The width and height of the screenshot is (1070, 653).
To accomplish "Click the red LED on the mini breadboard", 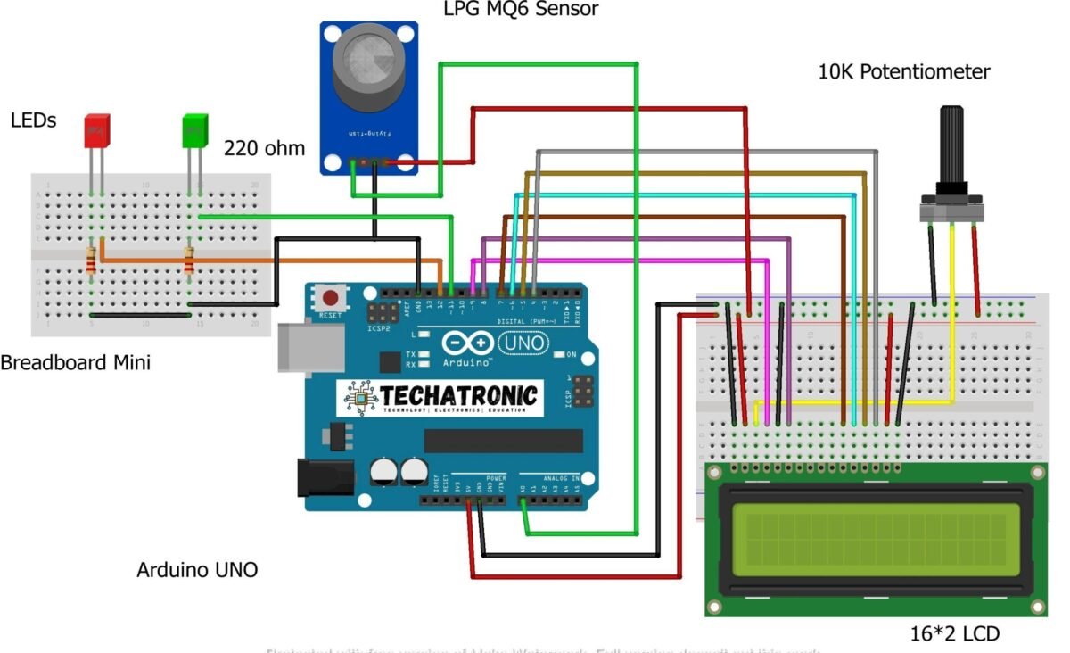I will point(96,130).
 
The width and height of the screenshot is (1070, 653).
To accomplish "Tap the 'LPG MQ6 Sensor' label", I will point(521,10).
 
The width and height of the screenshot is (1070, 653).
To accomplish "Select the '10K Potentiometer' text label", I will point(903,72).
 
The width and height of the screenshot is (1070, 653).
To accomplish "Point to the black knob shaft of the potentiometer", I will point(951,143).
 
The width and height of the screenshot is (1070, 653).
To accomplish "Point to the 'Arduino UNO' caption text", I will point(197,569).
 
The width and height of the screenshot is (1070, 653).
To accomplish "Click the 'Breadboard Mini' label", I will point(75,363).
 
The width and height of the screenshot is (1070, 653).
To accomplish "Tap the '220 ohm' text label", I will point(264,148).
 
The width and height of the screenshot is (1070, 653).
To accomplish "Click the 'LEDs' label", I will point(33,120).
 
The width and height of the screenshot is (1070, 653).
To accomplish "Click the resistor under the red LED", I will point(91,262).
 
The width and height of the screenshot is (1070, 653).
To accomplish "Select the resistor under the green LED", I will point(189,262).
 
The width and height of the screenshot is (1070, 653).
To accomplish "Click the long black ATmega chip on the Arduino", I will point(503,441).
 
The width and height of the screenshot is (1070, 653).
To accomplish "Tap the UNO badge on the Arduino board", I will point(524,343).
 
